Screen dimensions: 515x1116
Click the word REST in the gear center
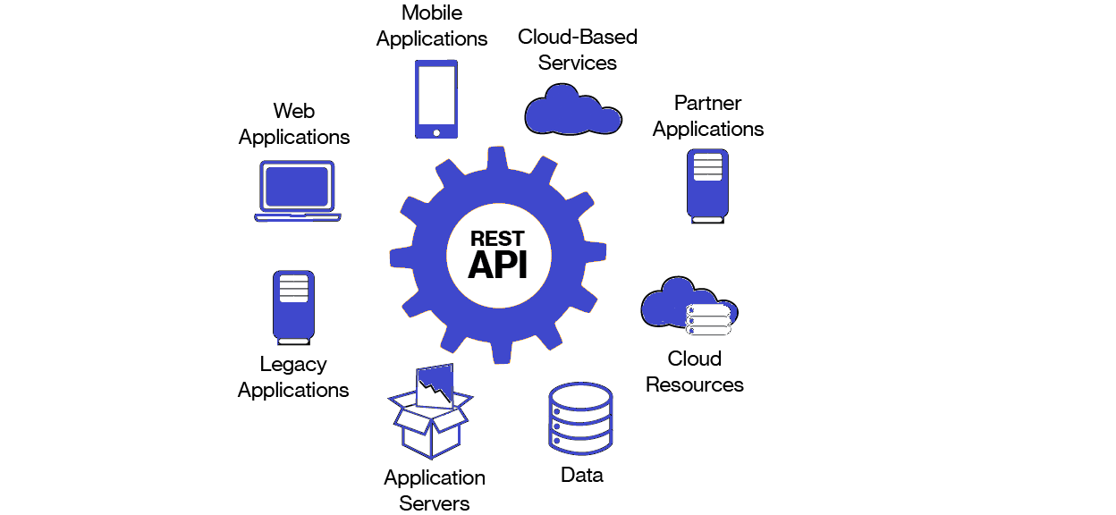(x=497, y=239)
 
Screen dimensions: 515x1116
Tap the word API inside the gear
(x=497, y=265)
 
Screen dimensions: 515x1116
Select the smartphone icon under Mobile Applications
(x=436, y=98)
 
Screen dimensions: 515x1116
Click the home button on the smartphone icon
(x=436, y=132)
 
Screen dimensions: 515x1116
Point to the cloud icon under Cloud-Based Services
(x=572, y=109)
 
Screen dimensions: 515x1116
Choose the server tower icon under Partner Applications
(x=707, y=185)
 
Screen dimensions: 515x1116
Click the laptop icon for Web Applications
(x=297, y=190)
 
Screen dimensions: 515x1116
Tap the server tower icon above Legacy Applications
(x=293, y=308)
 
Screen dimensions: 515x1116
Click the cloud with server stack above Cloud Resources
(x=689, y=307)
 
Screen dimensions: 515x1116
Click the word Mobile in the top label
(x=432, y=13)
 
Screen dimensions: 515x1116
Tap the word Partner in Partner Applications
(x=708, y=103)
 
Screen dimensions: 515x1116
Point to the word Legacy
(x=293, y=365)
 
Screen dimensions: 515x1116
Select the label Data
(x=582, y=475)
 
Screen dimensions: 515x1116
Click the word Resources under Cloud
(x=695, y=384)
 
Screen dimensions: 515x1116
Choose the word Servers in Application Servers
(x=435, y=503)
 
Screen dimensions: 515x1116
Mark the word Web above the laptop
(x=294, y=111)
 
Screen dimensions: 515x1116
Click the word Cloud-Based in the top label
(x=578, y=38)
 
